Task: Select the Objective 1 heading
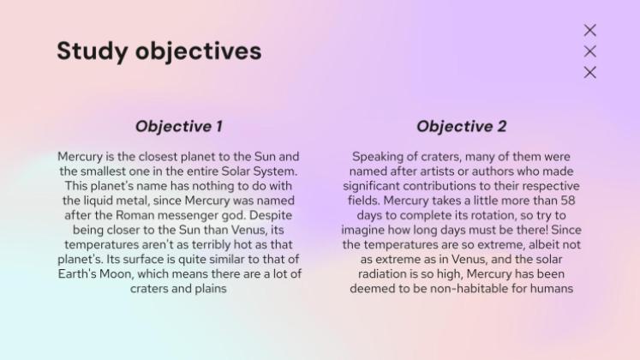pos(178,126)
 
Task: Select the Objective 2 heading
pos(461,126)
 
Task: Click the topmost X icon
pos(589,30)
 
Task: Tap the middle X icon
pos(589,51)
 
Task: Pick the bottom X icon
pos(589,72)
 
